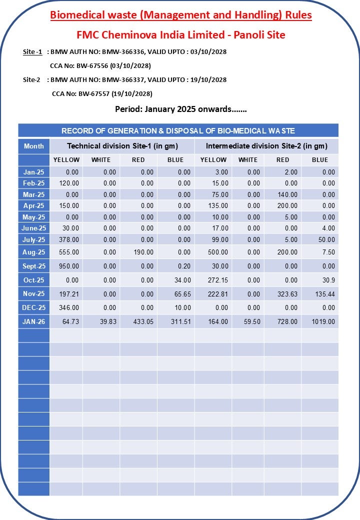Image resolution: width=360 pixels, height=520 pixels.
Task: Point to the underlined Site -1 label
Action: point(32,51)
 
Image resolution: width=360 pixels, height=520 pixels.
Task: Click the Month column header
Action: point(34,146)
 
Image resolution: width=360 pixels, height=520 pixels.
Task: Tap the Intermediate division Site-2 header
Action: point(266,146)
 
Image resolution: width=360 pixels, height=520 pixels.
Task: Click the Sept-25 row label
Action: point(34,266)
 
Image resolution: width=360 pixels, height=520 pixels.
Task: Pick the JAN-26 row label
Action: point(34,321)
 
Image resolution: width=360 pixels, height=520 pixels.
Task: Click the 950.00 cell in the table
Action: point(69,266)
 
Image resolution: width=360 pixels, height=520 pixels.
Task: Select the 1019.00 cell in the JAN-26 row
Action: point(323,321)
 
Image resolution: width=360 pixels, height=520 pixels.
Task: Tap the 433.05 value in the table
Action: point(143,321)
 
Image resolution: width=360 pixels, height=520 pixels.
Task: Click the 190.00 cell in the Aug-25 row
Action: point(143,252)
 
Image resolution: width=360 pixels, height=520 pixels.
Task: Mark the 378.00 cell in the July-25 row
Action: point(69,240)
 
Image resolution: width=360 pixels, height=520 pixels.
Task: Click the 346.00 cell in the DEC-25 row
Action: point(69,307)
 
